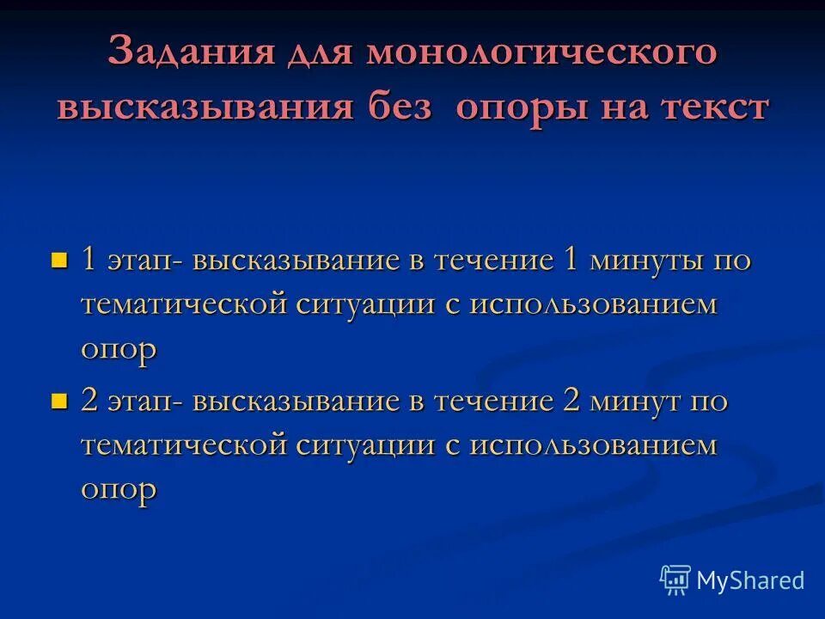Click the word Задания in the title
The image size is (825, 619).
pos(180,53)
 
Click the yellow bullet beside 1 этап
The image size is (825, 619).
pos(59,260)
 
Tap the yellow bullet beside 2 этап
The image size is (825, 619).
pos(59,401)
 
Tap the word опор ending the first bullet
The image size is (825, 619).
pos(119,350)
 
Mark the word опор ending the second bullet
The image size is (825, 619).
pos(119,490)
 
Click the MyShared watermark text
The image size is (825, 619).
pos(750,580)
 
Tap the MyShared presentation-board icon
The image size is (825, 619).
pos(675,580)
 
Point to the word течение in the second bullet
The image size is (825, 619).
pos(493,401)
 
